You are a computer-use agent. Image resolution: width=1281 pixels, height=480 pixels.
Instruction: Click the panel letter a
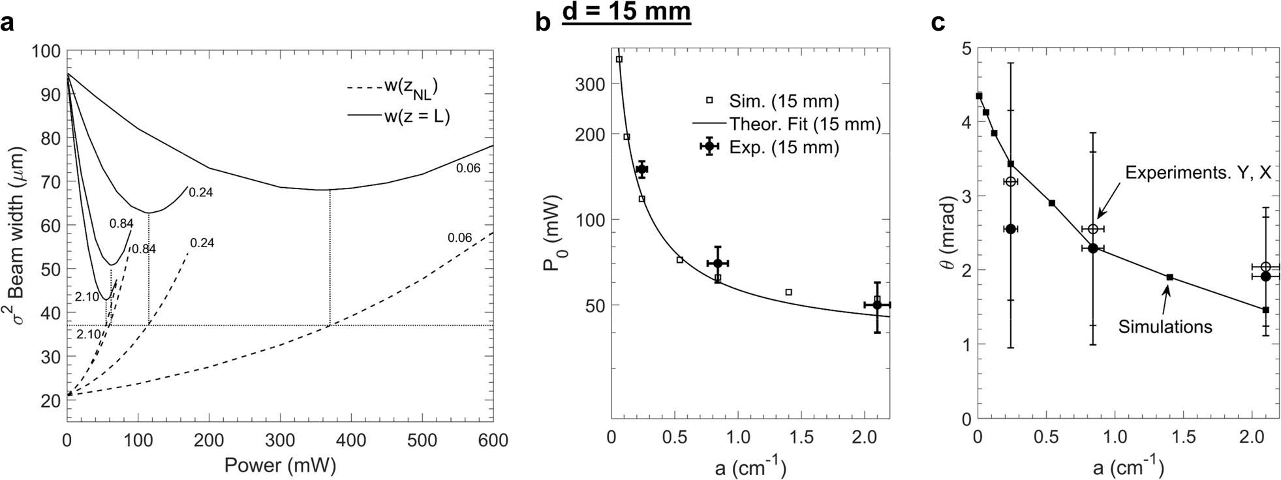tap(7, 23)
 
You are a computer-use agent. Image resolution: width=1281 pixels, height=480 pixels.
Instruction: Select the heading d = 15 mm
tap(626, 12)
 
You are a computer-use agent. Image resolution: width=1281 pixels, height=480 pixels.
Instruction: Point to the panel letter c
tap(938, 23)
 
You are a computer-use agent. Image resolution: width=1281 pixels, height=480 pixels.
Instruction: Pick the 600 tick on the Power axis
tap(493, 441)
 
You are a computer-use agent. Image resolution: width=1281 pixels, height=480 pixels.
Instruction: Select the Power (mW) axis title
tap(280, 465)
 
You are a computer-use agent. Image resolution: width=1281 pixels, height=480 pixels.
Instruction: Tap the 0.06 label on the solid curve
tap(468, 168)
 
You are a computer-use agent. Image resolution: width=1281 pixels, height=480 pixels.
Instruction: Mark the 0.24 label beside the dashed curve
tap(202, 243)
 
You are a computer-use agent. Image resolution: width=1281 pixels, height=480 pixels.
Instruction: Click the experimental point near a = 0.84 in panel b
tap(717, 263)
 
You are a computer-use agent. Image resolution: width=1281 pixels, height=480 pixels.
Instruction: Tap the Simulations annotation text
tap(1165, 326)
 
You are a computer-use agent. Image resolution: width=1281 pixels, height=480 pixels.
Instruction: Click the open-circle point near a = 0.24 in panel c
tap(1010, 181)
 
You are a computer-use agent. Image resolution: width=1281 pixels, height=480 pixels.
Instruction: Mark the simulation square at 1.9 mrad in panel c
tap(1169, 277)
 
